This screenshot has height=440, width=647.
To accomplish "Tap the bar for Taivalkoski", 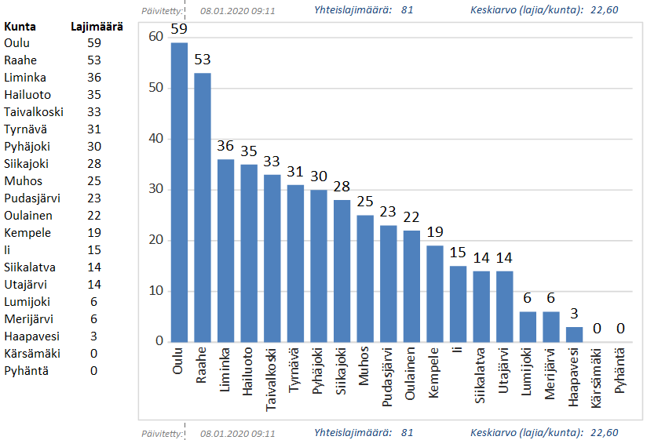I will pyautogui.click(x=272, y=258).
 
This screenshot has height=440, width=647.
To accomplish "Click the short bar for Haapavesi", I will pyautogui.click(x=575, y=334).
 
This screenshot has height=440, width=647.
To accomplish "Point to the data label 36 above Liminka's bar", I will pyautogui.click(x=226, y=145).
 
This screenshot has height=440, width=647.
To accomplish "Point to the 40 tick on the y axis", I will pyautogui.click(x=155, y=139).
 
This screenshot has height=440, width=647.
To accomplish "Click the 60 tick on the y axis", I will pyautogui.click(x=155, y=37).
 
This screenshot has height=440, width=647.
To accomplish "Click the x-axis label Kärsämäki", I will pyautogui.click(x=598, y=376).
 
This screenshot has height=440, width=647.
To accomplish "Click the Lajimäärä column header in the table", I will pyautogui.click(x=97, y=27).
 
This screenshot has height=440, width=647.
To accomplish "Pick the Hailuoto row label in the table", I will pyautogui.click(x=27, y=95).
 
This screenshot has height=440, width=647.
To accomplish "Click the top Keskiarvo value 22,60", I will pyautogui.click(x=605, y=10).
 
